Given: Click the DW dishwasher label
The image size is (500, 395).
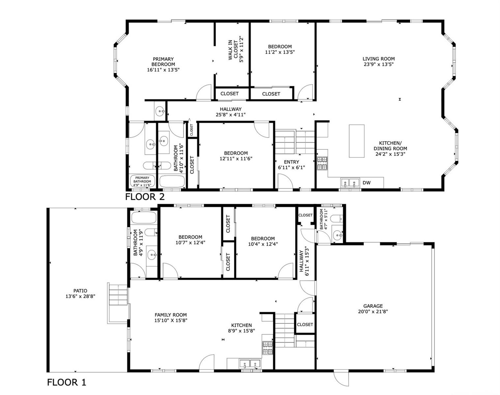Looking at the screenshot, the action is pos(367,183).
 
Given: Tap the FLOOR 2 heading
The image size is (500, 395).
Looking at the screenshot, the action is pos(145,197).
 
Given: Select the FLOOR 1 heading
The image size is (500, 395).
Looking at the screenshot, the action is pos(67,382).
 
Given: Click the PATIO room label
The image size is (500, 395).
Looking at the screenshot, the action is pos(80,291).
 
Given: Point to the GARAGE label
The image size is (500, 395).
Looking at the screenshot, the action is pos(373,306).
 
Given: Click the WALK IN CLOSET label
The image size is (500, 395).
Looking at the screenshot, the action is pos(233,50).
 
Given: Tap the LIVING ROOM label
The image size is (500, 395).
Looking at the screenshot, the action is pos(378,59).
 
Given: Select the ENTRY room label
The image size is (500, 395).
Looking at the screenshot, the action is pos(291,162).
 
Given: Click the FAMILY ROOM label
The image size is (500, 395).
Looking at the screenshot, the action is pos(171,315).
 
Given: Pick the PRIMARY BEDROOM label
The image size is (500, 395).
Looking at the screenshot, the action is pos(163,62).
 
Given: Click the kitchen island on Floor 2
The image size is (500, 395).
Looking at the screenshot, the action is pos(357,141).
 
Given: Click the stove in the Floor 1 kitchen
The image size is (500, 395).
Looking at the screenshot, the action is pos(268,348).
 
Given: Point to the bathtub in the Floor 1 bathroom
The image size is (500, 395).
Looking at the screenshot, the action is pos(144,218).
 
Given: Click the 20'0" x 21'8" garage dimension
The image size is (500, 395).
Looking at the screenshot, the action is pos(373,311).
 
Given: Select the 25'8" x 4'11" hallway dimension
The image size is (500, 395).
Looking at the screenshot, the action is pos(230,115).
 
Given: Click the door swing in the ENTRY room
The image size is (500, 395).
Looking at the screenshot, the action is pos(285,181).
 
